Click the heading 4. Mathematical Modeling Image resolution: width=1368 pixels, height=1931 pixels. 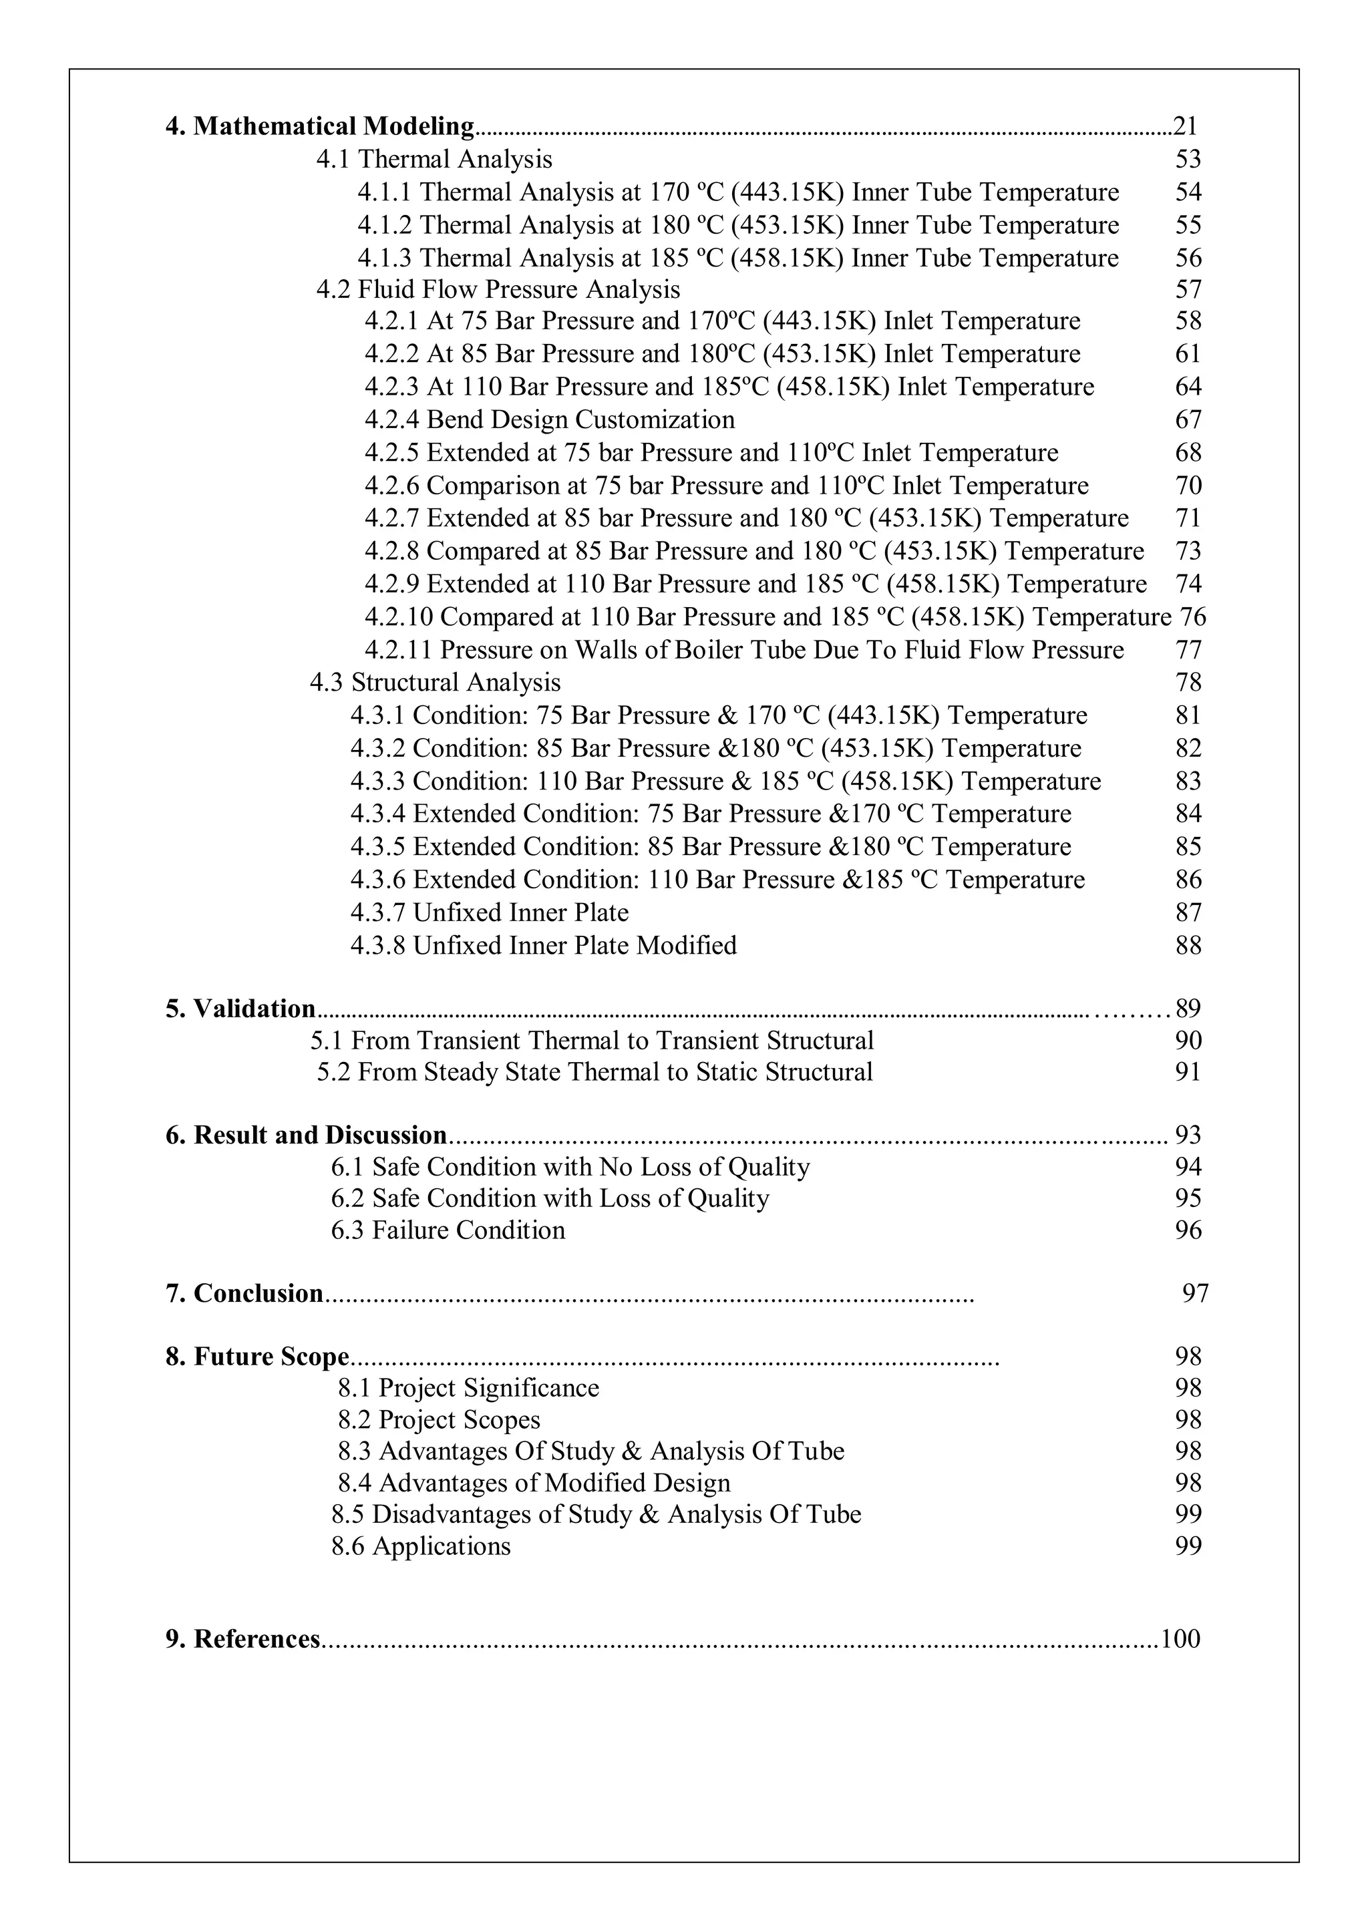(x=320, y=126)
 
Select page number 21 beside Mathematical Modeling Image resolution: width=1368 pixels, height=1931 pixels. (x=1185, y=126)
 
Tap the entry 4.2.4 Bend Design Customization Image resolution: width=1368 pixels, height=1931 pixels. (x=549, y=419)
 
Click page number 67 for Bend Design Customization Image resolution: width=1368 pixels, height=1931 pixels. (x=1188, y=419)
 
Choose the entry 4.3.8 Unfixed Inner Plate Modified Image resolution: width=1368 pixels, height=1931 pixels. (x=543, y=946)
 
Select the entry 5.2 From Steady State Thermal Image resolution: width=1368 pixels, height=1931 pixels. (x=594, y=1072)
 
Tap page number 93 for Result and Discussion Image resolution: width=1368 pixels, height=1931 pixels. (x=1188, y=1135)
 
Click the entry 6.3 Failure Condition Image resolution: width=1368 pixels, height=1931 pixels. (x=448, y=1230)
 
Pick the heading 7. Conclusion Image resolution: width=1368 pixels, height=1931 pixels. (x=244, y=1294)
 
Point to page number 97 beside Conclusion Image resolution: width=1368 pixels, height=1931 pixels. (x=1195, y=1294)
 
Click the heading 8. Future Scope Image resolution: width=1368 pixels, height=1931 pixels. (x=257, y=1357)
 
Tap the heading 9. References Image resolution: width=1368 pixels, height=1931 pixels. (x=242, y=1639)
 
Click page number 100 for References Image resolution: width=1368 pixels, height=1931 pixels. (x=1180, y=1639)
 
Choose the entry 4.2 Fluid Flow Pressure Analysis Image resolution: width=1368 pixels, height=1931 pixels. (x=498, y=290)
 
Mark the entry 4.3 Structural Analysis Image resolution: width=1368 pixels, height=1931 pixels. (x=435, y=682)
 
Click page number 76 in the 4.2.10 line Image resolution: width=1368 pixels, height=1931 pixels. (x=1193, y=617)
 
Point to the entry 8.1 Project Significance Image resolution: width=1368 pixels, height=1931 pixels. (x=468, y=1388)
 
